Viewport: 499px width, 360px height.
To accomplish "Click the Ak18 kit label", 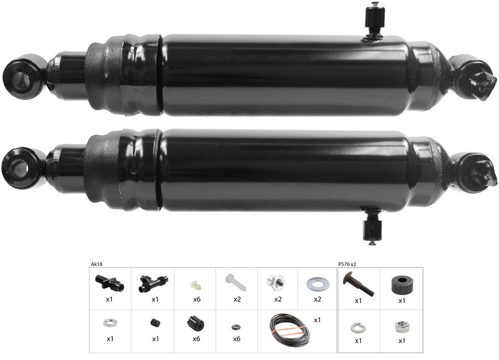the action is tap(97, 264).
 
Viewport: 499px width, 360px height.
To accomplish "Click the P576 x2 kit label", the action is tap(347, 264).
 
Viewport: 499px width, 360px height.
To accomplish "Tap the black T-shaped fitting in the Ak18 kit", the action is tap(153, 283).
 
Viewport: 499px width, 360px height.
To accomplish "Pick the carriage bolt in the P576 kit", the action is tap(358, 284).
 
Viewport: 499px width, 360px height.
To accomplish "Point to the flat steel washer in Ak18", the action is tap(317, 283).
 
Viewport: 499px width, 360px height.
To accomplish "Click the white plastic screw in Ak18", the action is tap(236, 283).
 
